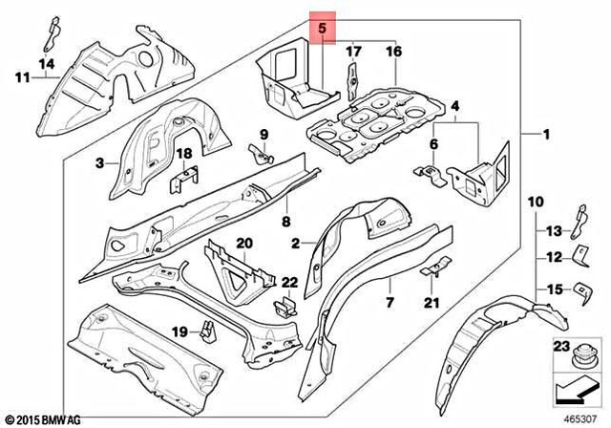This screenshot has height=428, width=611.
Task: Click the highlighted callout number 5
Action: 323,30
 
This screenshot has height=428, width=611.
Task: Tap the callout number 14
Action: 44,64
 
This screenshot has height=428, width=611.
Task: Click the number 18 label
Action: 185,153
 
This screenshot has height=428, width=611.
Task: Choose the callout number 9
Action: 263,131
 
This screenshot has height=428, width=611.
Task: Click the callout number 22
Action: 289,282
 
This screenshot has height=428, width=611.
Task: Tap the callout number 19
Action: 179,332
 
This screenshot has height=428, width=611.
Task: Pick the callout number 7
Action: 390,303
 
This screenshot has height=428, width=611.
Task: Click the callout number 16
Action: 393,52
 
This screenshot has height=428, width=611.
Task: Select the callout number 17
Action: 353,52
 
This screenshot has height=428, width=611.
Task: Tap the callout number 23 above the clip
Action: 560,348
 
